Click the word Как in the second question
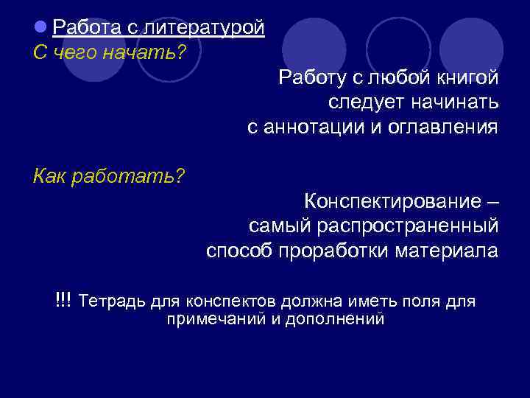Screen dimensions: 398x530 pos(50,177)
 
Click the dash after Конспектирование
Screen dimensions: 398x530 pos(492,200)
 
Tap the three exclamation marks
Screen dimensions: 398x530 pos(63,300)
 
